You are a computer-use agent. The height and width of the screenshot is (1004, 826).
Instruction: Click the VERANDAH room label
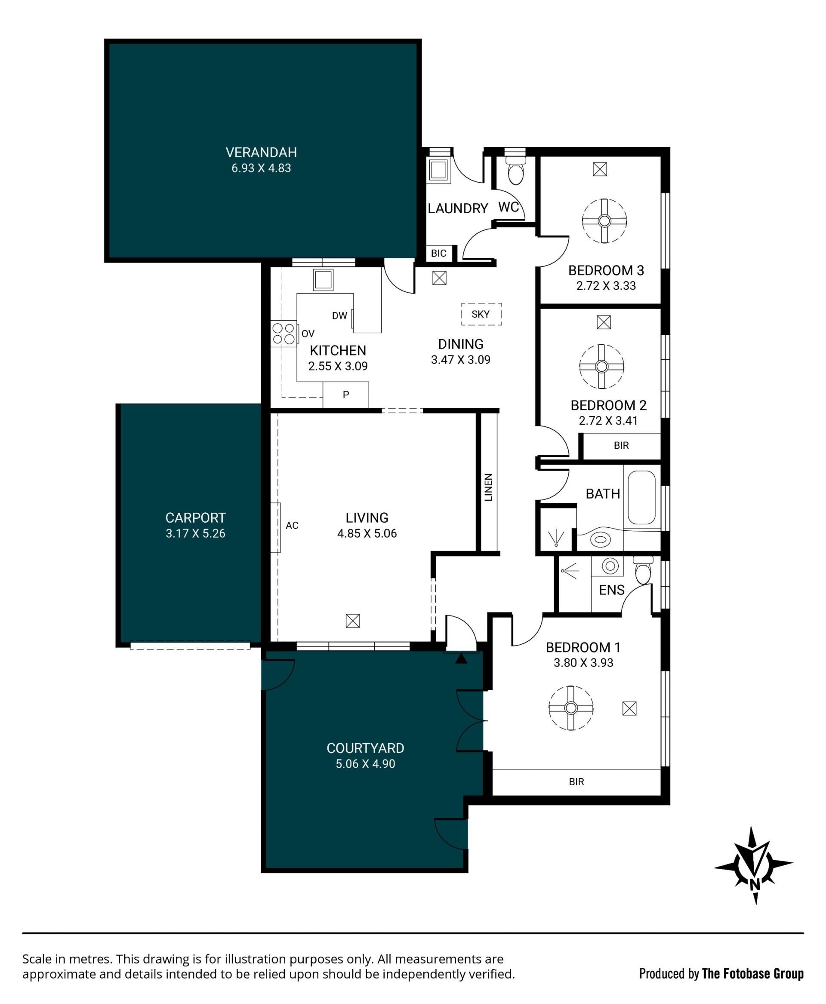pos(261,152)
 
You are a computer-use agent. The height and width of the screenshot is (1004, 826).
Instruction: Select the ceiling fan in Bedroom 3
pos(604,220)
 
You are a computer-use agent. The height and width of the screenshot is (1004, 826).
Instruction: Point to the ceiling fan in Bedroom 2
pos(601,367)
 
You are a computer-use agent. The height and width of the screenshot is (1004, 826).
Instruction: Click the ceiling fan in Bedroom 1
pos(571,708)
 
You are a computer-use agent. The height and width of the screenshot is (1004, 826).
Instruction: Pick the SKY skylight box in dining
pos(481,314)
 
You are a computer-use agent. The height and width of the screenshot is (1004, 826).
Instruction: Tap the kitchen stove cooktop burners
pos(284,333)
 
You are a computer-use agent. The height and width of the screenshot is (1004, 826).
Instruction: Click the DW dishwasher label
pos(339,315)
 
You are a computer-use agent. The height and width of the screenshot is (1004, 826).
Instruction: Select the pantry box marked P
pos(346,395)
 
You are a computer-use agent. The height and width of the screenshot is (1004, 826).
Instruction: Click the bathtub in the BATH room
pos(641,497)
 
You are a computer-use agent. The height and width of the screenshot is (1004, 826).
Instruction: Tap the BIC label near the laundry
pos(438,254)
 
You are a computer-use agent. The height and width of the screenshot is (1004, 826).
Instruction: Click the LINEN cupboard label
pos(488,487)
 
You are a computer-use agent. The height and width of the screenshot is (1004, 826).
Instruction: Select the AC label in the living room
pos(292,525)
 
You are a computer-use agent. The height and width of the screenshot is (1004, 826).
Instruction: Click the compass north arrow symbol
pos(754,865)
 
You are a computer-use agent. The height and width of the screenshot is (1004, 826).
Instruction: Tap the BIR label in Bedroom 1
pos(576,782)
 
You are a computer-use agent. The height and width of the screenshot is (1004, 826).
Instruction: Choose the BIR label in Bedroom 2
pos(621,445)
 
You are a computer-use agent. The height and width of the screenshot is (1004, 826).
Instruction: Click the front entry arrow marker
pos(461,658)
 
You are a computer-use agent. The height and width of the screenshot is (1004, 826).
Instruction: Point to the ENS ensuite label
pos(611,590)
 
